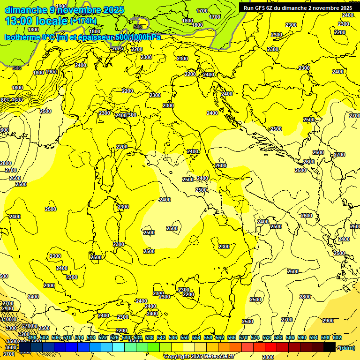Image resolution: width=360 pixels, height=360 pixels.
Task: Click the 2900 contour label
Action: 328,321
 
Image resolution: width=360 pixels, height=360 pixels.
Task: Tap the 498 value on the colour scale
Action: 32,337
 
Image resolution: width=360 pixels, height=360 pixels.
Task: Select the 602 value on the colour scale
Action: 337,337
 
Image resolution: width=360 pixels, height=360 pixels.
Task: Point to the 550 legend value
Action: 184,337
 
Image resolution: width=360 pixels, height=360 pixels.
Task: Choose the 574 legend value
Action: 255,337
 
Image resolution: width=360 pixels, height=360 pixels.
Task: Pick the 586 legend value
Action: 290,337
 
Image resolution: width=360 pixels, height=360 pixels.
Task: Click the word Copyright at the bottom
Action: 177,356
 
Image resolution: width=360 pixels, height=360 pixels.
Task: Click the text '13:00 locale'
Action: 36,21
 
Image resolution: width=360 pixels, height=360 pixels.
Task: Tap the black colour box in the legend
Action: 330,347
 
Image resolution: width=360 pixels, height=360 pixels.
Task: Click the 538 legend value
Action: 150,337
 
